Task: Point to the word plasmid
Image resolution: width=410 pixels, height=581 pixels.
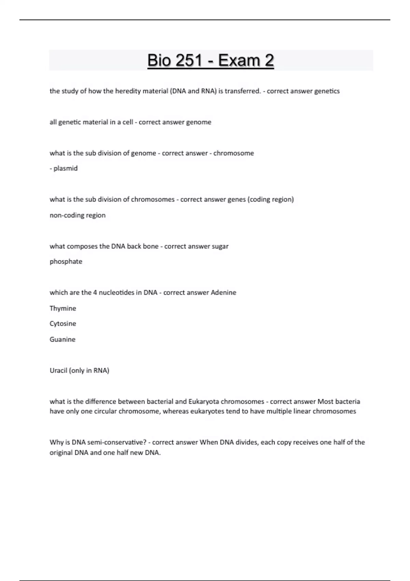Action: coord(66,168)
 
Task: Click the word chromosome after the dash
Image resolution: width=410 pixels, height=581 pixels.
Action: coord(234,153)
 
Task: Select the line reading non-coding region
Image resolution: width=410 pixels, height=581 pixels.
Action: coord(78,215)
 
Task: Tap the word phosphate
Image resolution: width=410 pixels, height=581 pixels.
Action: coord(66,261)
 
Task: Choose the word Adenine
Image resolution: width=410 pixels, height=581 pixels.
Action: coord(223,293)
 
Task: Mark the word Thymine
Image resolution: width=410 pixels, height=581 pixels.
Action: coord(63,308)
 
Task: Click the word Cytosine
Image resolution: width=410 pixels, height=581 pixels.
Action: coord(63,324)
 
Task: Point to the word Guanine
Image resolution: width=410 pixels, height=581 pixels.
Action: coord(63,339)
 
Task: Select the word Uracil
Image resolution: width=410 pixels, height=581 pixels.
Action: coord(58,370)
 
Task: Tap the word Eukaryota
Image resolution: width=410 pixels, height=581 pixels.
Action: coord(204,402)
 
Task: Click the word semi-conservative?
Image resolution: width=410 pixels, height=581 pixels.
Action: coord(117,442)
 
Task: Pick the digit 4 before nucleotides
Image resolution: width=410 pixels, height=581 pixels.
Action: coord(95,293)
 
